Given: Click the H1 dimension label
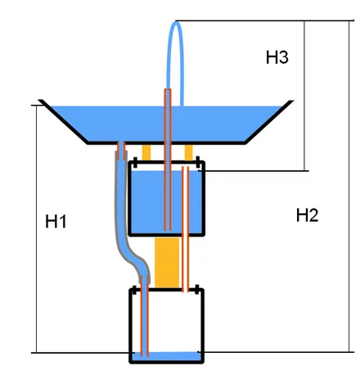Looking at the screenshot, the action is tap(56, 221).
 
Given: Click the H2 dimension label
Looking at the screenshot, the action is tap(308, 215).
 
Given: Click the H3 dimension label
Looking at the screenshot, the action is tap(277, 57).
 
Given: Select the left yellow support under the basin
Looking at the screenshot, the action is tap(146, 152).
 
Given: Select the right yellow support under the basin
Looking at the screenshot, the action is tap(188, 152).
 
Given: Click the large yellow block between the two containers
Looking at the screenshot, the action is tap(167, 263).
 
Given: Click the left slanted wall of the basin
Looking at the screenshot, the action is tap(63, 122).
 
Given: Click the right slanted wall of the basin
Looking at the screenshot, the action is tap(269, 122).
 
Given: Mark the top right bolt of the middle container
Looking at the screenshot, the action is tap(198, 163).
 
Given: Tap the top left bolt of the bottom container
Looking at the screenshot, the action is tap(134, 291).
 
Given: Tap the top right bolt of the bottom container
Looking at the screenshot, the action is tap(197, 290).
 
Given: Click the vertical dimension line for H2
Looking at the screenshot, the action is tap(349, 186).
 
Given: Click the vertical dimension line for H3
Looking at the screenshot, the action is tap(304, 96).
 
